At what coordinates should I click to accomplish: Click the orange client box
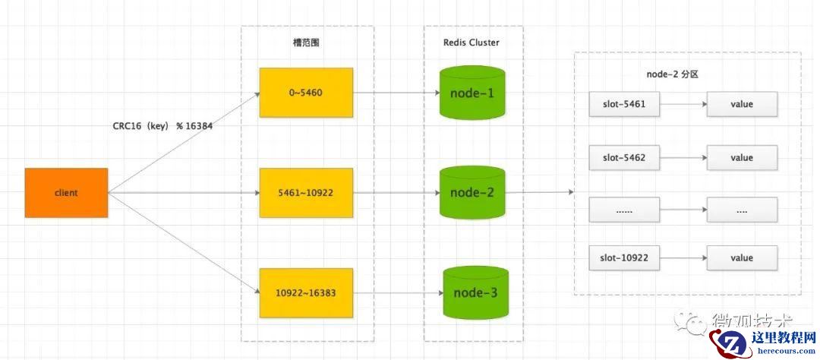point(67,193)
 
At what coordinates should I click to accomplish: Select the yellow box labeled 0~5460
point(306,93)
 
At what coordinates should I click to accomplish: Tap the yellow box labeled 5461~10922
point(306,193)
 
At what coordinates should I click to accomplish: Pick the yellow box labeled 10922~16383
point(306,292)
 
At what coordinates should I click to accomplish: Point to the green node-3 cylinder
point(475,292)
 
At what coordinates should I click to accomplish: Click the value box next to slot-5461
point(742,104)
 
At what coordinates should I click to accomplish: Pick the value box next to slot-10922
point(742,258)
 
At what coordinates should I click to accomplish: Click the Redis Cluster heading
point(471,43)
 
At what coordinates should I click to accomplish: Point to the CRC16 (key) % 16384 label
point(162,126)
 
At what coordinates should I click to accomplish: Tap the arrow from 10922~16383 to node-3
point(399,292)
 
